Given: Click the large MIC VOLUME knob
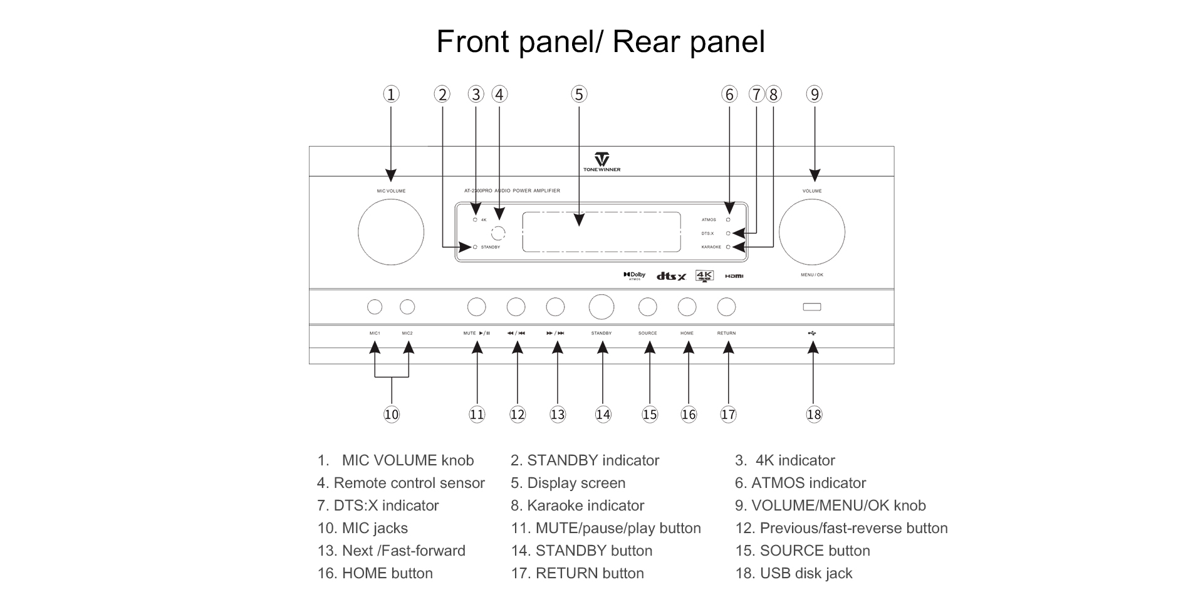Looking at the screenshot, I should pos(391,232).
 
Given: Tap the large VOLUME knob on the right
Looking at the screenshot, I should pos(812,232).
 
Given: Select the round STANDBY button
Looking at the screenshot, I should pos(601,307).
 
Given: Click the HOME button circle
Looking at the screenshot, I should pos(687,307).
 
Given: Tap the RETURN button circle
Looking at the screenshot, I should pos(726,307).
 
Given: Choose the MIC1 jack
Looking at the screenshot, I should pos(375,307).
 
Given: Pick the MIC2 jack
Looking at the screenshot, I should pos(407,307).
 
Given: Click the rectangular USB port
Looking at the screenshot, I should pos(812,307).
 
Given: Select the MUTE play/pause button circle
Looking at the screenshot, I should pos(477,307).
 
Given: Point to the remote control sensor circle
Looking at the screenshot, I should pos(498,233).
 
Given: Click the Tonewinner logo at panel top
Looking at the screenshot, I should pos(601,161).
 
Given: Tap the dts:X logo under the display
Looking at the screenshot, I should pos(671,276).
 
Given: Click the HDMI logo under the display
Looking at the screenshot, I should pos(734,276).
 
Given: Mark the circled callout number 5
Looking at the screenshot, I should pos(579,95).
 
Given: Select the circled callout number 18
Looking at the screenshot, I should pos(814,415).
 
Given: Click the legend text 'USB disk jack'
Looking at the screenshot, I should pos(806,573).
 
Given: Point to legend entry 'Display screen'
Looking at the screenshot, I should pos(576,483).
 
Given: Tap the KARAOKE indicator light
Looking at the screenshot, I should pos(728,247).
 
